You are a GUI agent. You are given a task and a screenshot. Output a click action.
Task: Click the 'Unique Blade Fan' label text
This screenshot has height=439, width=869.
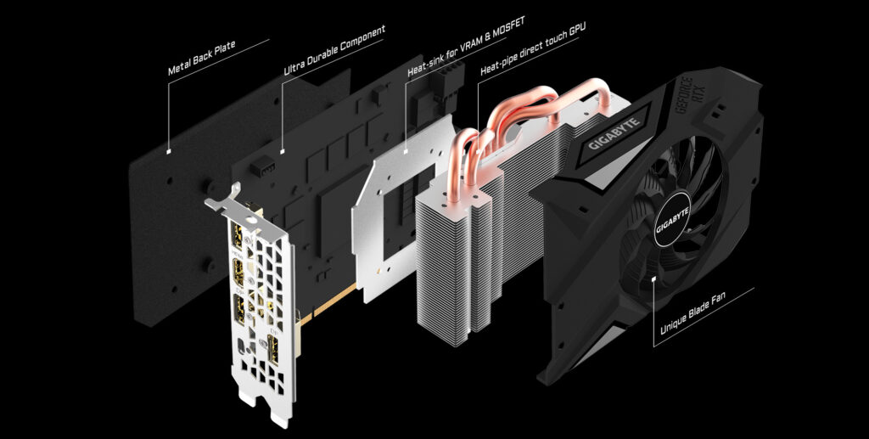pos(703,321)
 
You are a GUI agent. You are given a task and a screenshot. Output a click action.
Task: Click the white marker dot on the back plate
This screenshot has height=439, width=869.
pos(171,152)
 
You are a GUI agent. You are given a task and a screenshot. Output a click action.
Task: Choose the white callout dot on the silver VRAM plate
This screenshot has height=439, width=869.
pos(407,152)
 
